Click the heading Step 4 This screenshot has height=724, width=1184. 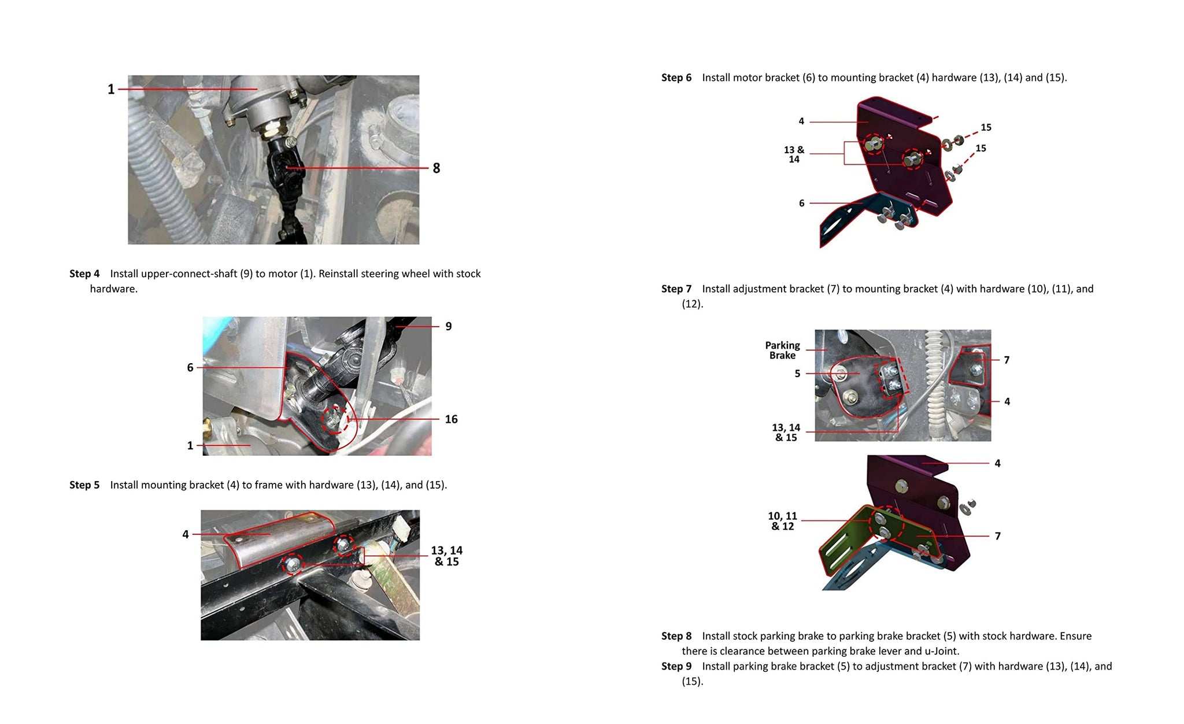click(x=84, y=274)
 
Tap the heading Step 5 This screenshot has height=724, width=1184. click(x=84, y=485)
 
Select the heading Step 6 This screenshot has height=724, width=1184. click(x=676, y=77)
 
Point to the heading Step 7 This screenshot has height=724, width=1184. click(x=676, y=289)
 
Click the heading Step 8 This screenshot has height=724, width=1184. click(x=676, y=636)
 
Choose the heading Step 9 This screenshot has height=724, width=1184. click(x=676, y=666)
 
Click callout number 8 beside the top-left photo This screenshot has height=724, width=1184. click(x=436, y=168)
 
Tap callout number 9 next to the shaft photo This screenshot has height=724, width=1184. click(x=449, y=326)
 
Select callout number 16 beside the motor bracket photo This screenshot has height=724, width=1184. click(x=451, y=419)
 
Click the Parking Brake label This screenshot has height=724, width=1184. click(x=782, y=350)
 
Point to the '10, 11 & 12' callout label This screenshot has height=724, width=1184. click(x=782, y=521)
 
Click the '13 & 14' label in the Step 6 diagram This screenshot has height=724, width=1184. click(x=794, y=154)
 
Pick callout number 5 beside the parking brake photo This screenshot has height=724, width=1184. click(x=797, y=374)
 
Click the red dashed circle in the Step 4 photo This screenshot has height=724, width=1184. click(x=335, y=419)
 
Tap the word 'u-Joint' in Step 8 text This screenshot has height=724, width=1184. click(x=942, y=651)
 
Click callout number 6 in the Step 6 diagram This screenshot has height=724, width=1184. click(x=801, y=204)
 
